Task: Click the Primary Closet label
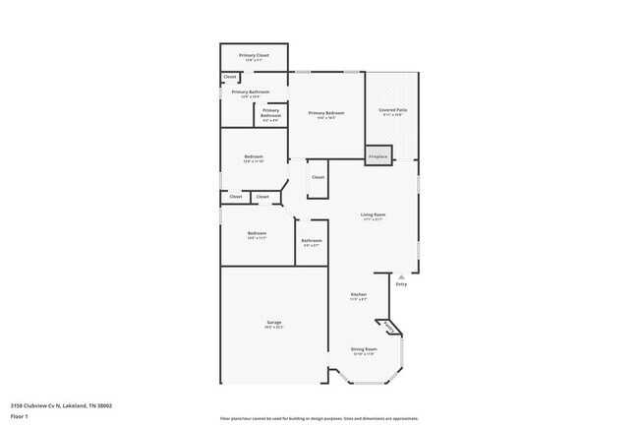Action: (254, 55)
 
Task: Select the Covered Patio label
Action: (391, 110)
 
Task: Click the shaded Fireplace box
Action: (378, 156)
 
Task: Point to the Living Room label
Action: (373, 214)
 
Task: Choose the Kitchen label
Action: (359, 294)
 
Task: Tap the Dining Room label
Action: (364, 348)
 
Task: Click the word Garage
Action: (274, 323)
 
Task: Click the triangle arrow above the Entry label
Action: (401, 277)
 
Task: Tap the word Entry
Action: (401, 284)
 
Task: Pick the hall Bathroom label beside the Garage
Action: (312, 240)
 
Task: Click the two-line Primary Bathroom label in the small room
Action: (271, 112)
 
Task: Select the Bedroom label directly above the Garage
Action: (257, 233)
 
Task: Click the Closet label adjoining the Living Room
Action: (318, 177)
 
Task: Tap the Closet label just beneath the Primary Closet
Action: (230, 77)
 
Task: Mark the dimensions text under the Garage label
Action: (274, 328)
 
